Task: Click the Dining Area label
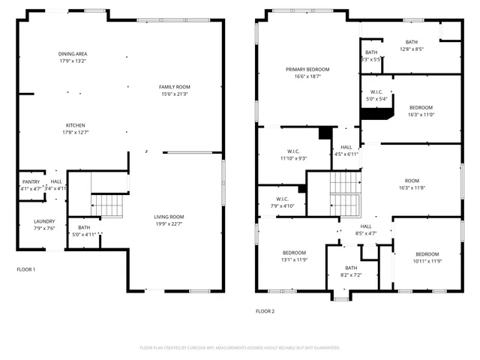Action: pyautogui.click(x=73, y=54)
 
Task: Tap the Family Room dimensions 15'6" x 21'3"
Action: pyautogui.click(x=174, y=94)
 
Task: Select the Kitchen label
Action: pyautogui.click(x=75, y=125)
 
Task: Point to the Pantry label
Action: pyautogui.click(x=31, y=181)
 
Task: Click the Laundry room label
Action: pyautogui.click(x=44, y=221)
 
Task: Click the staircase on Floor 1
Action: pyautogui.click(x=107, y=205)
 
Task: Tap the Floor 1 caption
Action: pyautogui.click(x=26, y=269)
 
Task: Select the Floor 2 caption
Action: pyautogui.click(x=265, y=310)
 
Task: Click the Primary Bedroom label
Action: pyautogui.click(x=307, y=69)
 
